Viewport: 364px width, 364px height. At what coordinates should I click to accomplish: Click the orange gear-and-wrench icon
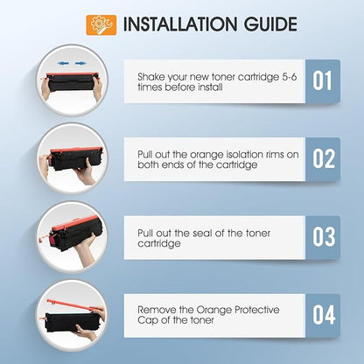coord(101,25)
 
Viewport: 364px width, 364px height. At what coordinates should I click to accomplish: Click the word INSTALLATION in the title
coord(179,24)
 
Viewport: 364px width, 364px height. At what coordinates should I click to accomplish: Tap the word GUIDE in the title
coord(270,24)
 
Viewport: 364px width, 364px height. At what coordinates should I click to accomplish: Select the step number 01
coord(322,80)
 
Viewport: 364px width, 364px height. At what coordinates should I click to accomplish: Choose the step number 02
coord(324,158)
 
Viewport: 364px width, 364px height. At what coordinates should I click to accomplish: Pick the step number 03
coord(324,236)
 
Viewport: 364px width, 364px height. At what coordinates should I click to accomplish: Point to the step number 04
coord(324,315)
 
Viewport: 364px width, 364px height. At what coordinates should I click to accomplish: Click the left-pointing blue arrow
coord(63,63)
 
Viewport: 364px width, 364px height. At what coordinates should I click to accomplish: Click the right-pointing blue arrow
coord(80,63)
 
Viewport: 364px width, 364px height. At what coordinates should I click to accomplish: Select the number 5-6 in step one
coord(290,77)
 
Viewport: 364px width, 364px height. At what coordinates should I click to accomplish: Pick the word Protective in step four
coord(257,310)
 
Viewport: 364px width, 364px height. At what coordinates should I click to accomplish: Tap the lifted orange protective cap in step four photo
coord(75,304)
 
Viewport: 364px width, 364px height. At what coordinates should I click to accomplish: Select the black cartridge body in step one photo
coord(72,83)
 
